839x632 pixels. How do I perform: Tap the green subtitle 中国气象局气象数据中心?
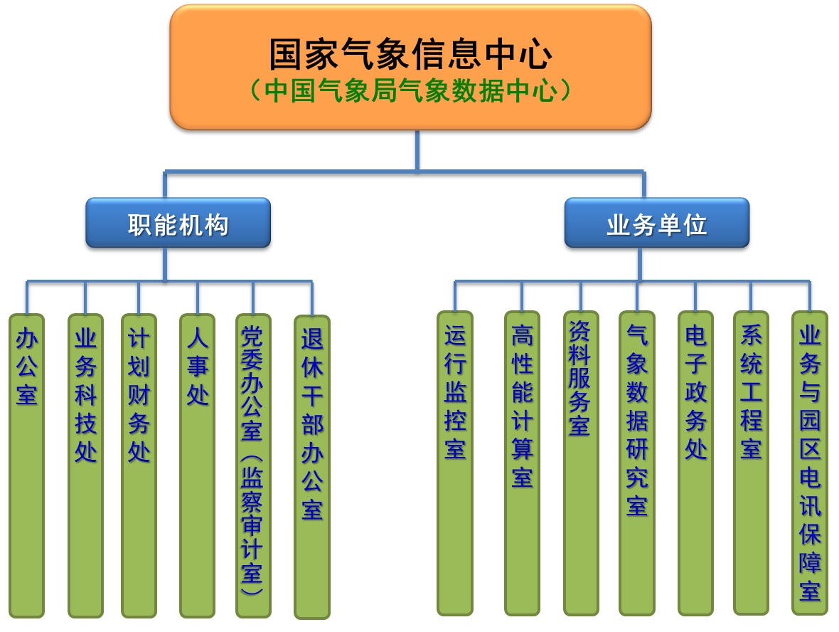click(410, 91)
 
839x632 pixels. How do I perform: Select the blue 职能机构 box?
click(178, 223)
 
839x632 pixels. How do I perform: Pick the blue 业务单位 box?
click(656, 223)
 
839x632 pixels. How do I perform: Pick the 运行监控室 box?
click(455, 463)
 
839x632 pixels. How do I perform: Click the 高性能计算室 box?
click(522, 463)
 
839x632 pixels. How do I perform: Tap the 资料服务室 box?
click(580, 463)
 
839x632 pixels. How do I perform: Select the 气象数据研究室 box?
click(636, 463)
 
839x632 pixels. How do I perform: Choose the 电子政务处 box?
click(695, 463)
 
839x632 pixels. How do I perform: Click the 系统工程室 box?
click(751, 463)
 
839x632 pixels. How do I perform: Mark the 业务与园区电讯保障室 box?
click(809, 463)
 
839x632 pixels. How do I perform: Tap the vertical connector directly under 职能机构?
click(165, 263)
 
